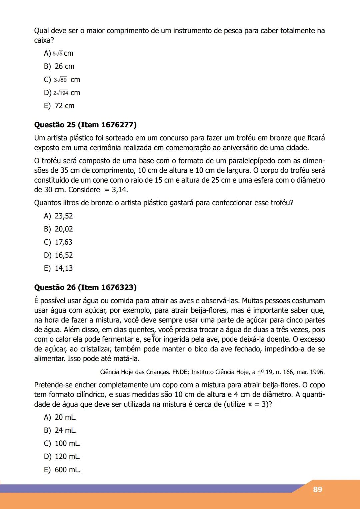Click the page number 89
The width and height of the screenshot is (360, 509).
click(x=317, y=489)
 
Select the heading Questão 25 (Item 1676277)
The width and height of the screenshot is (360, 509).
click(x=85, y=125)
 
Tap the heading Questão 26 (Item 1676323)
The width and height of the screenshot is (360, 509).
click(x=85, y=287)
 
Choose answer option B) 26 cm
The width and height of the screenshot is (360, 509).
click(x=59, y=66)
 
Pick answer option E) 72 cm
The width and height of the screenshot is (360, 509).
click(x=59, y=106)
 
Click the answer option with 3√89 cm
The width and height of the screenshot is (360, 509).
click(x=62, y=80)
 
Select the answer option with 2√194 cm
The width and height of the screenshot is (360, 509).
click(x=62, y=93)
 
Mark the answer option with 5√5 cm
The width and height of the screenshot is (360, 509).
click(x=59, y=53)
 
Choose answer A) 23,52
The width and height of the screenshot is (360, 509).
click(x=59, y=216)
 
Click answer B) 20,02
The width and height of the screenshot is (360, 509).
click(x=59, y=229)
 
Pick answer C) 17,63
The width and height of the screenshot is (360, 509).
click(x=58, y=242)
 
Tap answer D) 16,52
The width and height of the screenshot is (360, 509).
click(x=59, y=255)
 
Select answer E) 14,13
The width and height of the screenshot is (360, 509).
click(x=59, y=268)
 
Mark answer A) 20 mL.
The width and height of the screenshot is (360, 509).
click(x=61, y=417)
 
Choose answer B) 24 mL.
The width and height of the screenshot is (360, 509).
click(x=61, y=430)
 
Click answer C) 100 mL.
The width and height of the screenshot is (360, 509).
click(x=63, y=443)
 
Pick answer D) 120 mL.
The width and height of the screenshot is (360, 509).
click(x=63, y=456)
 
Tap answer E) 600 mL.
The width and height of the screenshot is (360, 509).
click(x=63, y=470)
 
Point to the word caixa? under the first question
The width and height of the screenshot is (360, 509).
click(x=44, y=40)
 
